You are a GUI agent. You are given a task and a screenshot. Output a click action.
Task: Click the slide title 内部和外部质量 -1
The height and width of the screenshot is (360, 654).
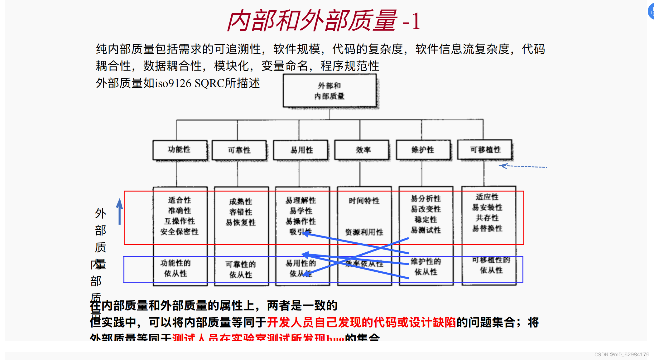pos(324,21)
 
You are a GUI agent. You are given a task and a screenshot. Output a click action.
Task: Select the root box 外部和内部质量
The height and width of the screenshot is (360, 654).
pos(329,91)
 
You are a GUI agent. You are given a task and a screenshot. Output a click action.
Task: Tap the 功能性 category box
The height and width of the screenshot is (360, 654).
pos(180,150)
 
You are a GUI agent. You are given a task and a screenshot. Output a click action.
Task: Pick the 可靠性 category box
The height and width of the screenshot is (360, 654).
pos(239,150)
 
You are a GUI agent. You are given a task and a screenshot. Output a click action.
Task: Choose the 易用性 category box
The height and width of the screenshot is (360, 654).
pos(301,150)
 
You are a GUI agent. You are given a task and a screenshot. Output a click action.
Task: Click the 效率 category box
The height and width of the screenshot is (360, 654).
pos(363,150)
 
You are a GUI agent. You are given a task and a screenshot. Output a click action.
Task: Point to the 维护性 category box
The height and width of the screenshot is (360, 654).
pos(423,150)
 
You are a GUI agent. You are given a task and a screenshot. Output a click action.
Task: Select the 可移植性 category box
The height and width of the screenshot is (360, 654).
pos(485,150)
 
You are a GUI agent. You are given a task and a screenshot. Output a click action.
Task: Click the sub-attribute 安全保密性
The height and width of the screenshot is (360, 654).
pos(180,232)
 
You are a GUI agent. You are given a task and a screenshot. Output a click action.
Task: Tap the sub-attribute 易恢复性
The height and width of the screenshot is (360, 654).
pos(241,222)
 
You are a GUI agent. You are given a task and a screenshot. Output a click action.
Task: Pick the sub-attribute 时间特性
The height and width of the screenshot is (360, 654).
pos(364,201)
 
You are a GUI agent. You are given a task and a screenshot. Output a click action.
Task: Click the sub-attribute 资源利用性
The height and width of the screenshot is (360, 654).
pos(364,232)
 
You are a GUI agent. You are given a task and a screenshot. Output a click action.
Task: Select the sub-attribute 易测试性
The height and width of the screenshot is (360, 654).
pos(426,230)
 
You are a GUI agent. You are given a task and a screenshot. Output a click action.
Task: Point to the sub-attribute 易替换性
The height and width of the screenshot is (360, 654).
pos(487,228)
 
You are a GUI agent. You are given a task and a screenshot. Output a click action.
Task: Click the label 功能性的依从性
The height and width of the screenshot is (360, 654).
pos(176,268)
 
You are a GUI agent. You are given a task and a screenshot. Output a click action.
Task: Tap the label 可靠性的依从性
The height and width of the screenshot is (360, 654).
pos(241,270)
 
